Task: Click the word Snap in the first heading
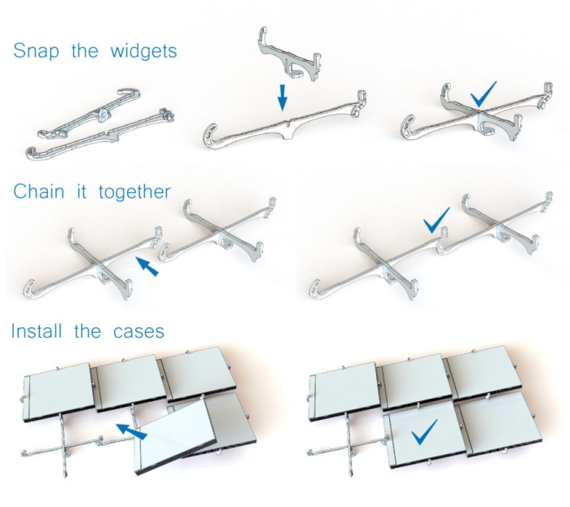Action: [x=36, y=50]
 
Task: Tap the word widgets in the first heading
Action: [x=143, y=50]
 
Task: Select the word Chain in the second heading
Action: [x=38, y=191]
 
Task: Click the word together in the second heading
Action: [x=134, y=192]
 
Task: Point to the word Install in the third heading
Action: [x=37, y=331]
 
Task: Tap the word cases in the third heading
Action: [x=138, y=332]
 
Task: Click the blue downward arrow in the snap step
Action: [x=283, y=98]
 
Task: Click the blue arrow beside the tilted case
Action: [x=131, y=431]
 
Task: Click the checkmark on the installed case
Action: [x=423, y=432]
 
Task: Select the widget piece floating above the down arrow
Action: [x=290, y=55]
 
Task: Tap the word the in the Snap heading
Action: [x=85, y=50]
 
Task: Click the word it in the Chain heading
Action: [x=81, y=191]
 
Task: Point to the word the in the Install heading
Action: [x=87, y=331]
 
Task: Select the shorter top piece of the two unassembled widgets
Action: [x=90, y=113]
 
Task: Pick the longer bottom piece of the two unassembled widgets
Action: [x=100, y=134]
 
